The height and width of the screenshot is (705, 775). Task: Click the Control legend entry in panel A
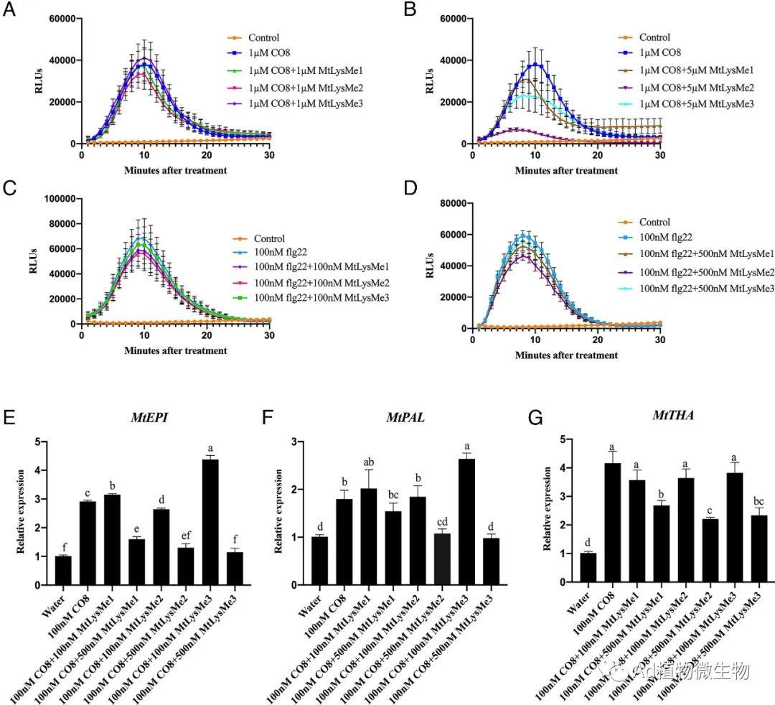263,38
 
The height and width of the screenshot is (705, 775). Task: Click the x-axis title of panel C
175,351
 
